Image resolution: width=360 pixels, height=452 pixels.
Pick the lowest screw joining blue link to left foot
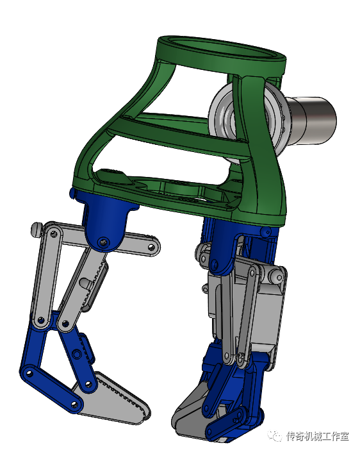click(75, 403)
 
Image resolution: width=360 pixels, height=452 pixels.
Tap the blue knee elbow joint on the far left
click(29, 372)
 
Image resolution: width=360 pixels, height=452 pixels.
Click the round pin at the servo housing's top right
click(277, 276)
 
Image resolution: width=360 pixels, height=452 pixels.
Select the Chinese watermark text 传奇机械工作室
click(318, 436)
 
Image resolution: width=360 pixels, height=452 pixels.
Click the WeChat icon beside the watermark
click(276, 436)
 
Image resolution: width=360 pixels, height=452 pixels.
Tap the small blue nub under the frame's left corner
click(70, 192)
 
